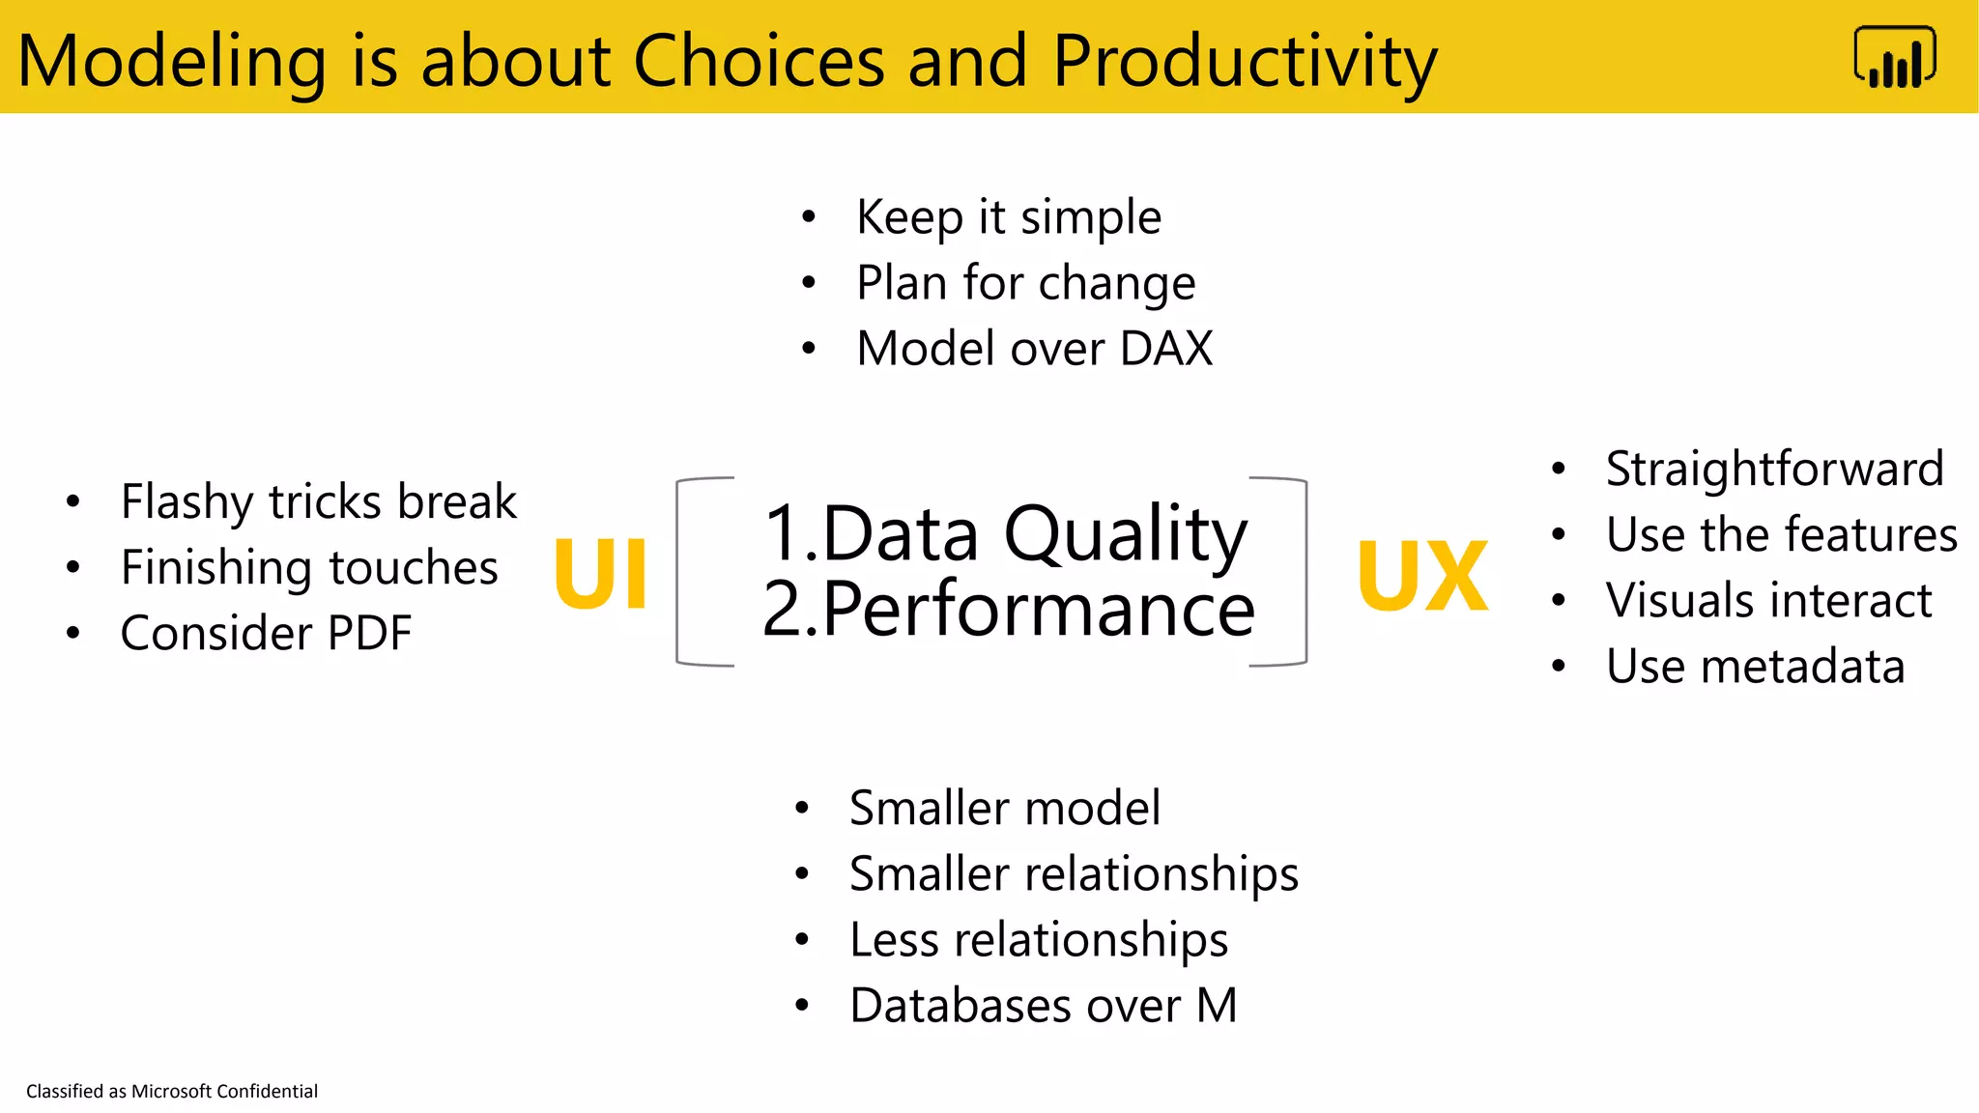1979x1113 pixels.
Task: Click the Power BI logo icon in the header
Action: point(1894,58)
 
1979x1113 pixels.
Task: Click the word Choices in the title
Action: point(759,61)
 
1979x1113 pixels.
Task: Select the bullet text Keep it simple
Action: point(1008,217)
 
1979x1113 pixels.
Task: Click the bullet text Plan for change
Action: point(1025,283)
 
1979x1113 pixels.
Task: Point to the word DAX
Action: point(1165,349)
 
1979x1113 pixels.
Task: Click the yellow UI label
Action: point(600,575)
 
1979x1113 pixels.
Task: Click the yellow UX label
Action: point(1422,577)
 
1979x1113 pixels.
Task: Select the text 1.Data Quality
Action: point(1005,533)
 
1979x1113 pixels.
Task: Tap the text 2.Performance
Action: point(1008,609)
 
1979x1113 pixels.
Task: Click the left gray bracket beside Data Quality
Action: point(680,572)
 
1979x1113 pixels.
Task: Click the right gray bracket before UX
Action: point(1304,572)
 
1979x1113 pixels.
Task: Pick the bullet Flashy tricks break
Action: point(318,501)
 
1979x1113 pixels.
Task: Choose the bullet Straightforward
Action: point(1774,470)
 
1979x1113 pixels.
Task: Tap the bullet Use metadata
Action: point(1755,667)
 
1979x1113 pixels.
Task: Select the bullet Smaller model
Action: point(1004,808)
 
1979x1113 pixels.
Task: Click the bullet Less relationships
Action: point(1038,940)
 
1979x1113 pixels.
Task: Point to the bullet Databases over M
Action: point(1043,1006)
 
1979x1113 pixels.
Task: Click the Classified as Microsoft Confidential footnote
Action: point(172,1091)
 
